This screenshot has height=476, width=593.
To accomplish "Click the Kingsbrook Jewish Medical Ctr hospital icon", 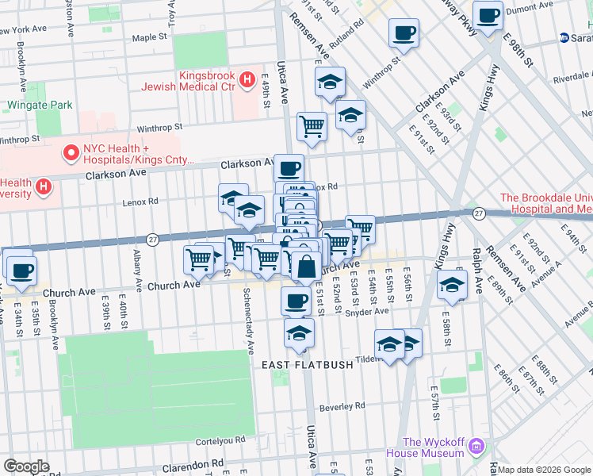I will [x=247, y=79].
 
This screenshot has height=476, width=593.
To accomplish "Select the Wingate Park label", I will [x=40, y=105].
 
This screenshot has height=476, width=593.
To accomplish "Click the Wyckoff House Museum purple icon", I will [x=476, y=446].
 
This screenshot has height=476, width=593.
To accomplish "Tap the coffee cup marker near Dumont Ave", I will [x=488, y=14].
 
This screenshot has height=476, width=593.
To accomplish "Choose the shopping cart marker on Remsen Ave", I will [x=312, y=126].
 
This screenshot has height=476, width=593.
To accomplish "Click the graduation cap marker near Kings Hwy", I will [x=451, y=286].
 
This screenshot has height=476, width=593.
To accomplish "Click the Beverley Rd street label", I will [x=342, y=406].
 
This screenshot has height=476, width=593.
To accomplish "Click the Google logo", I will [x=26, y=466].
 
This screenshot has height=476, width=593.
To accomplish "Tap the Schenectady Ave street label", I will [x=249, y=322].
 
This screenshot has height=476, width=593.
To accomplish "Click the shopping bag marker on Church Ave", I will [x=307, y=267].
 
